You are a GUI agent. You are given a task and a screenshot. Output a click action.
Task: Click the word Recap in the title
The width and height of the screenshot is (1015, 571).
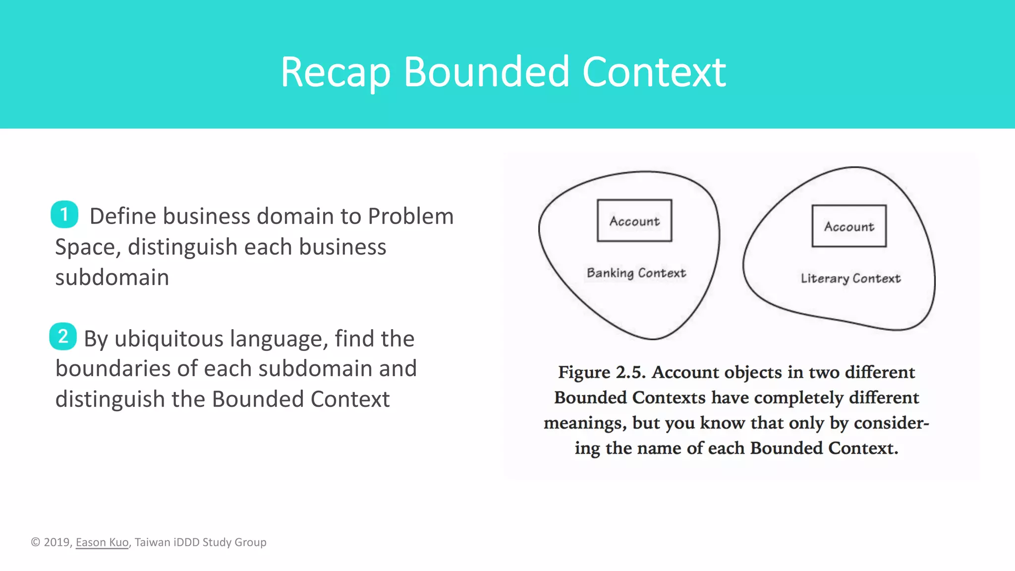[336, 73]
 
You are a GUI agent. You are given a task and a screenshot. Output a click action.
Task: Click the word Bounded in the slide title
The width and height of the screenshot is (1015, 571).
[486, 72]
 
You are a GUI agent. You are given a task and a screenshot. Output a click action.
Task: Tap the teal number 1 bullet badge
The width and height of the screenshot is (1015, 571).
[64, 215]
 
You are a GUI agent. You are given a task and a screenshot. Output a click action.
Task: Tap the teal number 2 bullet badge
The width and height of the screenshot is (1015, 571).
[63, 337]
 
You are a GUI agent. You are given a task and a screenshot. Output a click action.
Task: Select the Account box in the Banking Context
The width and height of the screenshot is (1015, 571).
[634, 221]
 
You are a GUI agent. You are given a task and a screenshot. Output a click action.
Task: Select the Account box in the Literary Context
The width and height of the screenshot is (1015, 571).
[849, 227]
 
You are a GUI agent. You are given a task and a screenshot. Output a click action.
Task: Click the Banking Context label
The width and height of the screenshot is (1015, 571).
[636, 273]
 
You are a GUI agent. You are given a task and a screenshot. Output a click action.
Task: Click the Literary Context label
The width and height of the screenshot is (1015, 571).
[850, 279]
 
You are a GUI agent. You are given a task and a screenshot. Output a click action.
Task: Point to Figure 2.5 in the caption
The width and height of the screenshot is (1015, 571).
[601, 372]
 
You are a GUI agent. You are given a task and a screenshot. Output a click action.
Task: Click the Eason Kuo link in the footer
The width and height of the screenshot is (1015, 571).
[102, 542]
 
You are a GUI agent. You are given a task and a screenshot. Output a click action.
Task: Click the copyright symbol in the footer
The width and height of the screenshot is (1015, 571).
[36, 542]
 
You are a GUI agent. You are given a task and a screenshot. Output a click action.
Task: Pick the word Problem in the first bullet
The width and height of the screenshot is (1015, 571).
[411, 217]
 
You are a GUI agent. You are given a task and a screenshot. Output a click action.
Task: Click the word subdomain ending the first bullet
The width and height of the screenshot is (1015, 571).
[112, 278]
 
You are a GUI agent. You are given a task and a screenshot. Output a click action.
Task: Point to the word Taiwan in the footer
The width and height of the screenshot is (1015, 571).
[152, 542]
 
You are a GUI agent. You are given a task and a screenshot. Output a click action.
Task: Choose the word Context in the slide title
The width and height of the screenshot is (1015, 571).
[654, 72]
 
